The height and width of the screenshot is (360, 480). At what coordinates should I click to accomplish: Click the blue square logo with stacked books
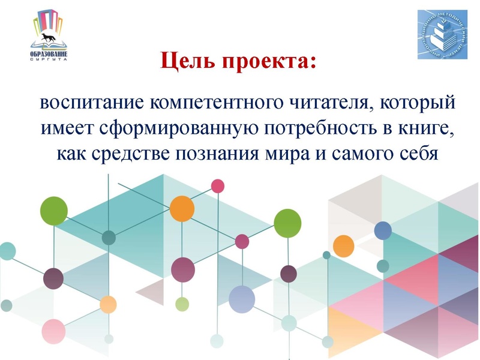coord(442,34)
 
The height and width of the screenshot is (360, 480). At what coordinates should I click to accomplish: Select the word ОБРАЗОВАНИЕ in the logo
coord(49,56)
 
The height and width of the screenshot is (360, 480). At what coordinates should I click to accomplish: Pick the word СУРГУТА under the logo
coord(49,62)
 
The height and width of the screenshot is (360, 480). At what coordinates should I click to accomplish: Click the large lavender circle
coord(242,299)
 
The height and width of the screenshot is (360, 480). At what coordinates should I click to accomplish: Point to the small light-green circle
coord(182,304)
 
